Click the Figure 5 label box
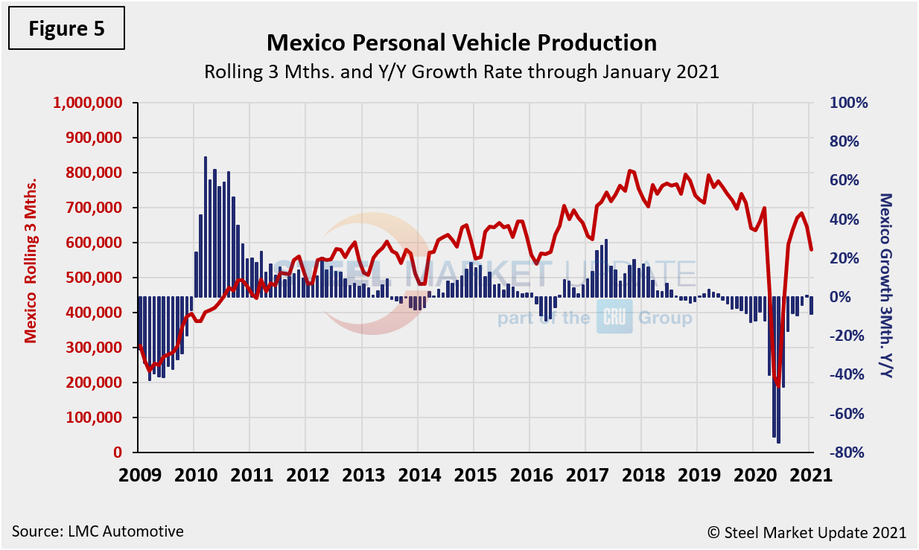click(66, 30)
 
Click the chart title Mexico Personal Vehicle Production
click(462, 42)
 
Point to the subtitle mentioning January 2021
click(462, 72)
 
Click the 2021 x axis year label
click(809, 476)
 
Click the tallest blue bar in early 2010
click(206, 227)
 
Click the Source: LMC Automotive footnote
click(98, 531)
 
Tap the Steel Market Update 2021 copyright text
click(807, 532)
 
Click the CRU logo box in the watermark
click(614, 318)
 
